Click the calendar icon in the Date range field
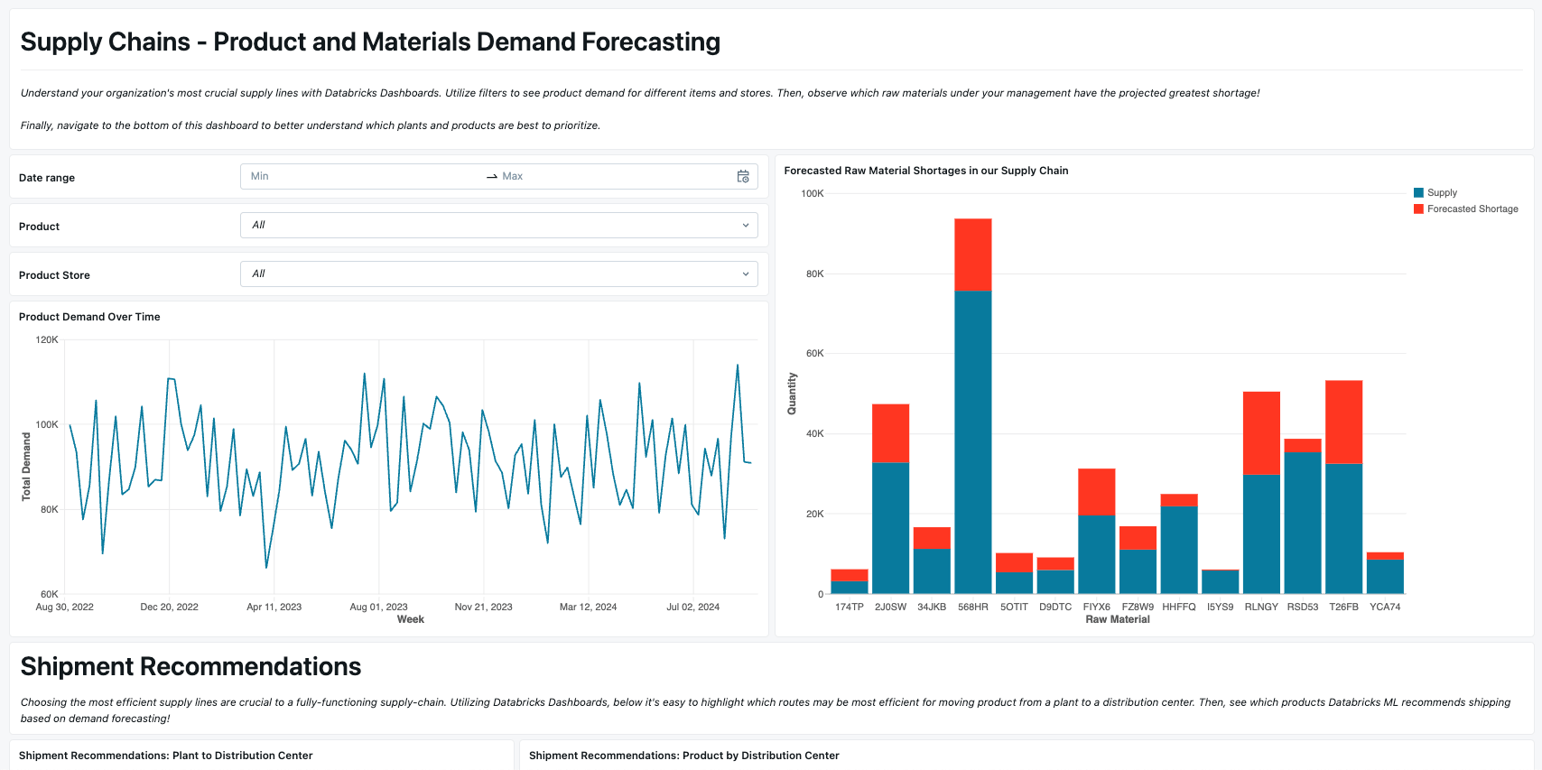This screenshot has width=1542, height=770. click(743, 177)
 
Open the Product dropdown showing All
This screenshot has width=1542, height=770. click(498, 225)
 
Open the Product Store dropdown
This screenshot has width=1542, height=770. click(498, 274)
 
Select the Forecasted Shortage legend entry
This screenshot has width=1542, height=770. click(1472, 209)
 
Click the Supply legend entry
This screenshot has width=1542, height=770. click(1441, 192)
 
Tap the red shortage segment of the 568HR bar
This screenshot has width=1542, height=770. click(972, 254)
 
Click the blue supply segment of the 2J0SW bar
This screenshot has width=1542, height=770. click(890, 527)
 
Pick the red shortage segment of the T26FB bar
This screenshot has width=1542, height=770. click(1343, 422)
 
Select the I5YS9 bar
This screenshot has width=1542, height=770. click(1220, 581)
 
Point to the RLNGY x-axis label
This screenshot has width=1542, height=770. click(1260, 607)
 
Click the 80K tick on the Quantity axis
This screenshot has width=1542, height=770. click(814, 274)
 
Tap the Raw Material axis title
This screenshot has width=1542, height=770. click(1117, 619)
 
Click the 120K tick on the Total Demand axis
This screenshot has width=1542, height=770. click(47, 339)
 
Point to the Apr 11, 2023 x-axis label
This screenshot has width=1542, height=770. click(274, 607)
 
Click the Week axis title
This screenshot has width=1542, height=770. click(410, 619)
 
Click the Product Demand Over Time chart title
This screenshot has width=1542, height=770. click(89, 317)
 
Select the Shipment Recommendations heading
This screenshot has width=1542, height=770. click(190, 666)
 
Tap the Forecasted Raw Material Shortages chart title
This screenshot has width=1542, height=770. click(925, 171)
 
